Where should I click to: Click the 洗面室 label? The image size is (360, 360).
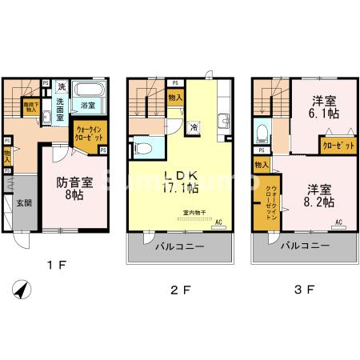[x=61, y=109]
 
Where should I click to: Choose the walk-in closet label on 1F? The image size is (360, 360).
[x=89, y=132]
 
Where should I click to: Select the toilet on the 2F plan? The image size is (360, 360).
[x=142, y=147]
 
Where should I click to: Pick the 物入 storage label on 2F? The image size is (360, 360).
[x=175, y=98]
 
